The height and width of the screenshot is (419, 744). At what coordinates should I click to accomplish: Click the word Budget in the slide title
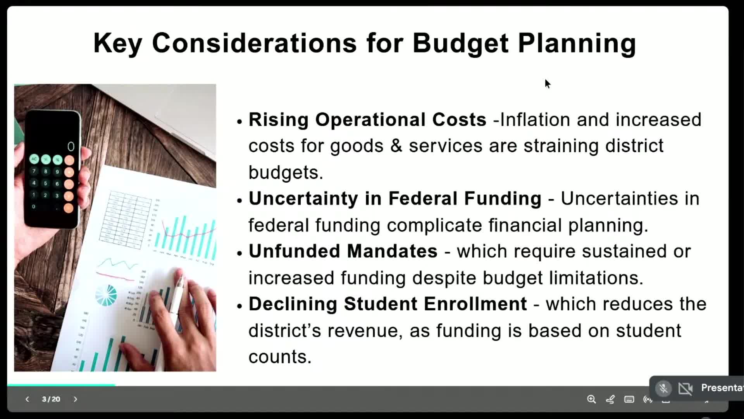coord(460,43)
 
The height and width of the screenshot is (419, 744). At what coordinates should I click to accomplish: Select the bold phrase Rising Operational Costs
coord(367,119)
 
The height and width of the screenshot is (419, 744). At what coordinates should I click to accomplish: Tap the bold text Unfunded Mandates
coord(343,251)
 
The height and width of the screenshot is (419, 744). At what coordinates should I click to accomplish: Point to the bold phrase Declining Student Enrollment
coord(387,304)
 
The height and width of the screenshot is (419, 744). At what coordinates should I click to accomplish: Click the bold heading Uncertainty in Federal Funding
coord(395,199)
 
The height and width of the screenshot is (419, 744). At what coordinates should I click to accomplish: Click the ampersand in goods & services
coord(396,146)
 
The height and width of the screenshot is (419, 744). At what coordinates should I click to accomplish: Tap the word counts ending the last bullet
coord(280,357)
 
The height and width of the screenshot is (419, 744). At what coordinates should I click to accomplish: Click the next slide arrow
coord(76,399)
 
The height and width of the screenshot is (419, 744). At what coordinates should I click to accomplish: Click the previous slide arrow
coord(27,399)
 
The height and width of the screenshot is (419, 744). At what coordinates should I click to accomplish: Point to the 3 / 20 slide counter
coord(51,399)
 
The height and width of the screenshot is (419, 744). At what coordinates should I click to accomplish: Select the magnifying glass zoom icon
coord(591,399)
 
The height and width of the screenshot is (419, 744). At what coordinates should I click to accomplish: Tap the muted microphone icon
coord(663,388)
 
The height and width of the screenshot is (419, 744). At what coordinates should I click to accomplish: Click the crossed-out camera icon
coord(685,388)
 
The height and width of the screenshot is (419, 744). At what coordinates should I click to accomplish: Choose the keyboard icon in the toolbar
coord(629,399)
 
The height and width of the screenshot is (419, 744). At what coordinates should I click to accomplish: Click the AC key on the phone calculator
coord(34,159)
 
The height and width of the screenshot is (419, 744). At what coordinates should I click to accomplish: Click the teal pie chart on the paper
coord(106,295)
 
